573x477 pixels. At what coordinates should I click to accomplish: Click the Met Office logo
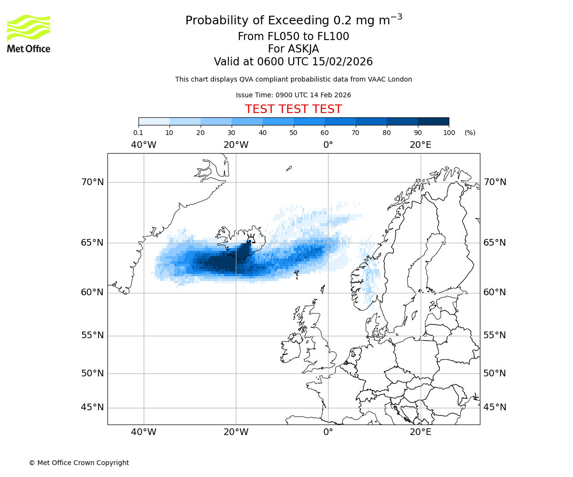click(29, 33)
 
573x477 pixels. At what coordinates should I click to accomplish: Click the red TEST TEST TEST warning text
click(293, 109)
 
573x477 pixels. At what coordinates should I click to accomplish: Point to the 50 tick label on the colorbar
click(293, 133)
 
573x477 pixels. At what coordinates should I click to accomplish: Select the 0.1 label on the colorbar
click(138, 133)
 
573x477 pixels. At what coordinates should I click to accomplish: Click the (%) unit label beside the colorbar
click(470, 133)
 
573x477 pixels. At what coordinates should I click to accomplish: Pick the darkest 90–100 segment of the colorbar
click(433, 121)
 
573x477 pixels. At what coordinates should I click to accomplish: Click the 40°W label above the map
click(143, 145)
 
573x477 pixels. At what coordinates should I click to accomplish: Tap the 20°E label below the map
click(420, 432)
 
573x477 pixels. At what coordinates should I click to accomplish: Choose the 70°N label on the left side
click(92, 182)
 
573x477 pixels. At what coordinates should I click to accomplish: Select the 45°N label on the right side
click(495, 407)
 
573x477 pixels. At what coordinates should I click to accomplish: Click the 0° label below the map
click(328, 432)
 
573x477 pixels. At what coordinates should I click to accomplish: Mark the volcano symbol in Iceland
click(250, 238)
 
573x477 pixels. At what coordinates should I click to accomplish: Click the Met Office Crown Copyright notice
click(79, 463)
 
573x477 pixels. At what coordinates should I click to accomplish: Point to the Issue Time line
click(293, 95)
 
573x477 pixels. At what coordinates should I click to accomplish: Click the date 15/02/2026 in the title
click(342, 62)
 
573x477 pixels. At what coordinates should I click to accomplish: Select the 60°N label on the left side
click(92, 292)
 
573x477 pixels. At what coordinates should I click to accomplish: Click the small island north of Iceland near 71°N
click(288, 168)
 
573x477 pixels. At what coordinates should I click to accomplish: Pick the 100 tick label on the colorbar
click(448, 133)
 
